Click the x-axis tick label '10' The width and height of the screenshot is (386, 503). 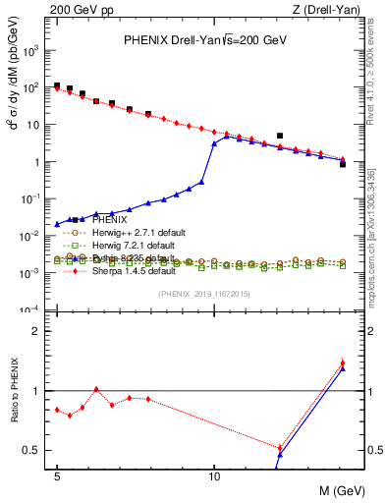point(214,475)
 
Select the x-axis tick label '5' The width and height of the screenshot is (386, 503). point(57,475)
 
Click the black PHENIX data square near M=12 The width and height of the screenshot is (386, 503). point(280,136)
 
